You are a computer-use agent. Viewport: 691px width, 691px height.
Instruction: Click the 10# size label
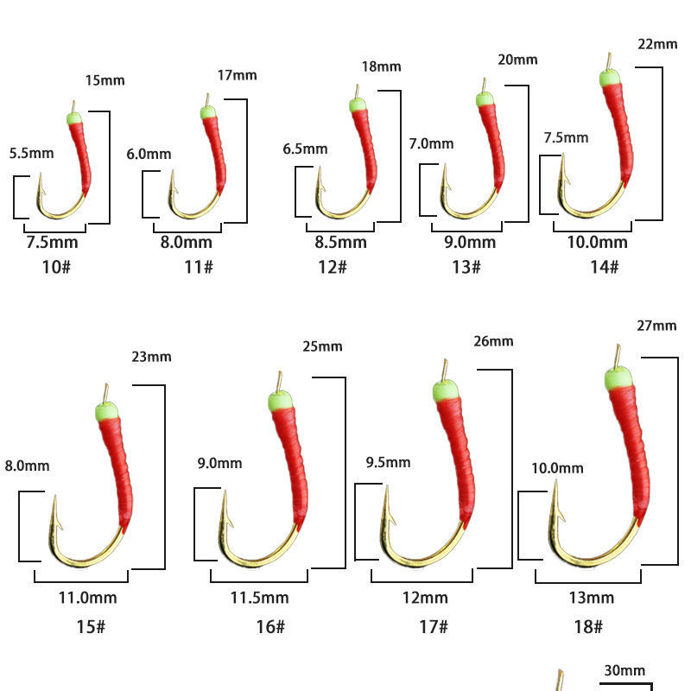56,267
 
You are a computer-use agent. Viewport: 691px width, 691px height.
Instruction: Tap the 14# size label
605,267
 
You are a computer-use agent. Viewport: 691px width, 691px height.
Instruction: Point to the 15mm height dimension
105,80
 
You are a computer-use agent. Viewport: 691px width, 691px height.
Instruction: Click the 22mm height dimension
657,43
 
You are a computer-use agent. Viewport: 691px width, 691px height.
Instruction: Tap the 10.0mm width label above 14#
597,242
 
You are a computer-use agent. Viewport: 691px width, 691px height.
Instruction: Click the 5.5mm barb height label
31,154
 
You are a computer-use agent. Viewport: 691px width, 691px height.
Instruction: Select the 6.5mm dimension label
305,149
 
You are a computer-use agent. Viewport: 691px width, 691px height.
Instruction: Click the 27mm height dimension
656,326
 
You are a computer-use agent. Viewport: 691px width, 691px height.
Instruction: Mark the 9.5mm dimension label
388,463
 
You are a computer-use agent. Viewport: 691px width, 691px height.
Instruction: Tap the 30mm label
624,670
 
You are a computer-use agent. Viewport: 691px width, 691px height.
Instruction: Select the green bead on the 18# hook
618,377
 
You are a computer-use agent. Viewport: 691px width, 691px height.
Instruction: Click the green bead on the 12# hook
358,105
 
